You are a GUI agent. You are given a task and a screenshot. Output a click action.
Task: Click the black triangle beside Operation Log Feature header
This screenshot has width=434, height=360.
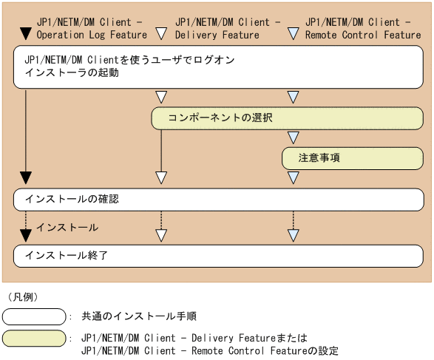(26, 33)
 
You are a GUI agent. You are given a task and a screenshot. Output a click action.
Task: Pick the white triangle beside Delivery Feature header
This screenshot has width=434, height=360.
(162, 33)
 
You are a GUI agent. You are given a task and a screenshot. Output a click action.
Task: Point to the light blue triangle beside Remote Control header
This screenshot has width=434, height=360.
(294, 33)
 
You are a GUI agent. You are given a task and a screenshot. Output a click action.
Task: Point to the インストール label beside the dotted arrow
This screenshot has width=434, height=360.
(67, 227)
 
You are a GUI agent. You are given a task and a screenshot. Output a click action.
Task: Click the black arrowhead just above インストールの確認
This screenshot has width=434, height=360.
(26, 177)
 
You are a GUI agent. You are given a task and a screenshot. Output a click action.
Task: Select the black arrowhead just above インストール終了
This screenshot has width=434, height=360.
(26, 236)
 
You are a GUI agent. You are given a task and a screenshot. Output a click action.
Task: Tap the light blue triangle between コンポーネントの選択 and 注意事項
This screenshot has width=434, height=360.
(294, 137)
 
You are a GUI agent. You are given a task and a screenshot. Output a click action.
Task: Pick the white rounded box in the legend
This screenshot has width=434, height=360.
(34, 317)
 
